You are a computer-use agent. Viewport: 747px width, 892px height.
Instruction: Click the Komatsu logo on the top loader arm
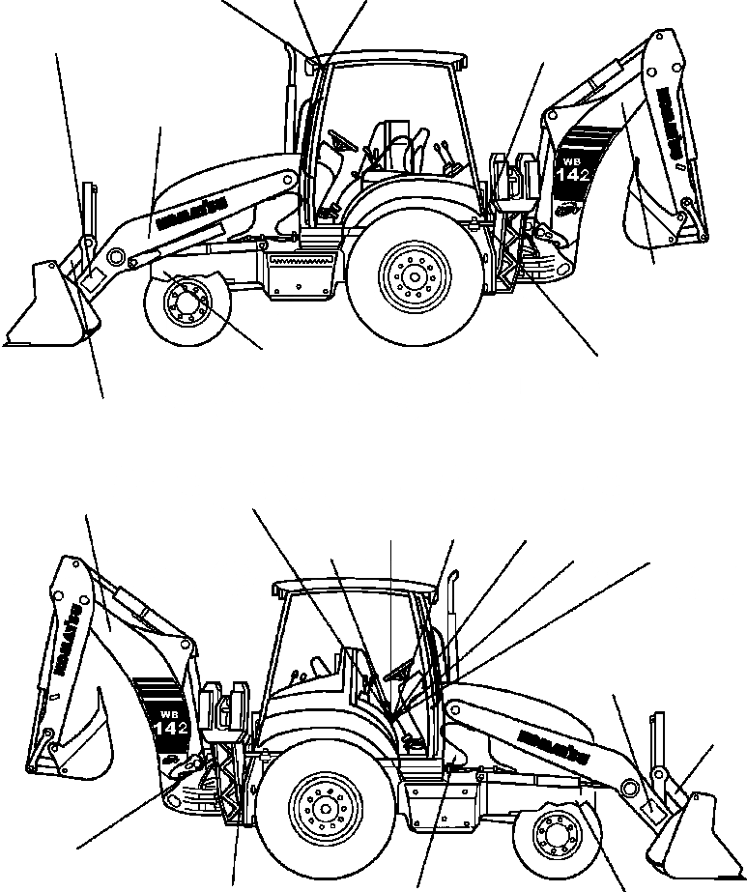190,212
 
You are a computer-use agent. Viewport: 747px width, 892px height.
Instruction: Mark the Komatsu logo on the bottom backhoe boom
70,642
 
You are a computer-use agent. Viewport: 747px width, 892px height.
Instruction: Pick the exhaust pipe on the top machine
288,97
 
